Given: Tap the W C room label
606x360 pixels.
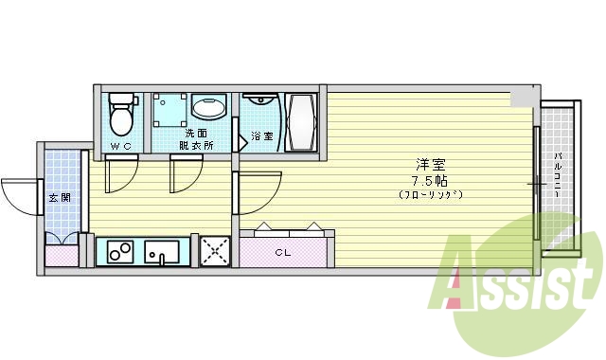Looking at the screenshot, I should pos(120,146).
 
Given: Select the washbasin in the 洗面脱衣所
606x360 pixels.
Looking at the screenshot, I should pos(208,107).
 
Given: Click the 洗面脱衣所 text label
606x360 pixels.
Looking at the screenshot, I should pos(196,139).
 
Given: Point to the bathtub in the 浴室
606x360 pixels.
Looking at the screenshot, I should pos(304,121).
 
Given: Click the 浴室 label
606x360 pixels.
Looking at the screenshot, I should pos(262,136).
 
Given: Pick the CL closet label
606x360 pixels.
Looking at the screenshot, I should pos(283,252).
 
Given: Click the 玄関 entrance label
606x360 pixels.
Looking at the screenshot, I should pos(58,198).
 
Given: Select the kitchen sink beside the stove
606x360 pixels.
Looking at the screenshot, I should pos(163,253).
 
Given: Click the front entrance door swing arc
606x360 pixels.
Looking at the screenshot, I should pos(19,194).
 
